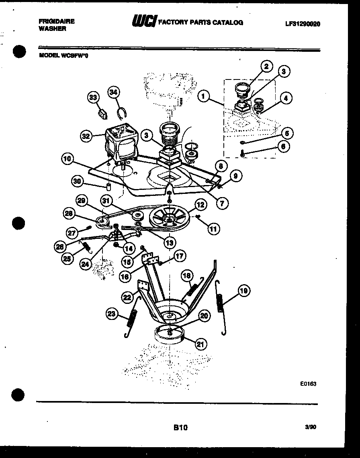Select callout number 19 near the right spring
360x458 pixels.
click(243, 291)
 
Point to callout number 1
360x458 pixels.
click(204, 96)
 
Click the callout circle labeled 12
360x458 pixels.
click(200, 205)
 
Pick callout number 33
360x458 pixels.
click(93, 98)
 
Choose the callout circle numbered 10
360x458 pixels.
click(68, 159)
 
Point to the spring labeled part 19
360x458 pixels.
click(220, 305)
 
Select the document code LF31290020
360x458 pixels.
click(302, 24)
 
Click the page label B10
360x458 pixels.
click(180, 428)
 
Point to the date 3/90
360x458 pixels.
click(310, 428)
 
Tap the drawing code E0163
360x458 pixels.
click(308, 384)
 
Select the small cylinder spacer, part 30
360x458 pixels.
click(108, 187)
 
